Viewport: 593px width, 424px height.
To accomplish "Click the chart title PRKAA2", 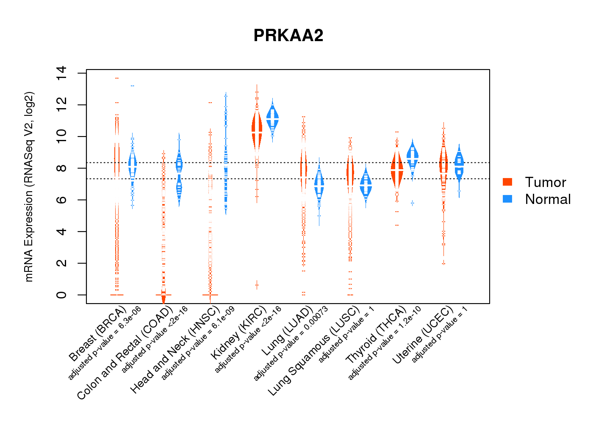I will pos(288,36).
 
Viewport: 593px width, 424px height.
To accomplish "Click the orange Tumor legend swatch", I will pos(507,182).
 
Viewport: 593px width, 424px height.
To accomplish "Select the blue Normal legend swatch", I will pos(507,199).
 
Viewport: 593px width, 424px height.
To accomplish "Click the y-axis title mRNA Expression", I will pos(29,187).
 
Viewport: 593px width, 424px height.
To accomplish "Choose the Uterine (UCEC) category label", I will pos(422,335).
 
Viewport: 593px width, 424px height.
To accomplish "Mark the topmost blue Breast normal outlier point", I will pos(133,86).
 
